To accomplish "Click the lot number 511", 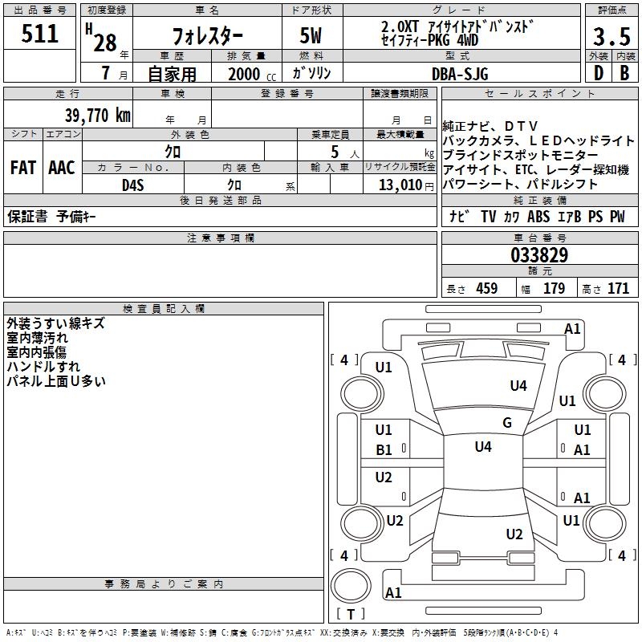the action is click(40, 34).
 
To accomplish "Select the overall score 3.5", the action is click(612, 36).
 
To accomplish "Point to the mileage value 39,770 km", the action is click(97, 116).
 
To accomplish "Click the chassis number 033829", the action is click(539, 256).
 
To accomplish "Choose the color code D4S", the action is click(133, 184).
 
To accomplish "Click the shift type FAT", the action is click(22, 168).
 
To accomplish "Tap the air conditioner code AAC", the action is click(61, 168).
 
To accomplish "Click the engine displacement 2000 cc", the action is click(250, 74).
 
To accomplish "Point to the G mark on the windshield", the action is click(506, 423).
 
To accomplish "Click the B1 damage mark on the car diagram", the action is click(384, 450).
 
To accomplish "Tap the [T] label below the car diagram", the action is click(351, 615).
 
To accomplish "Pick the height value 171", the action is click(618, 289).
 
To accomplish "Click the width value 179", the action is click(554, 289).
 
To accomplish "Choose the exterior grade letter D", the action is click(598, 73).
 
